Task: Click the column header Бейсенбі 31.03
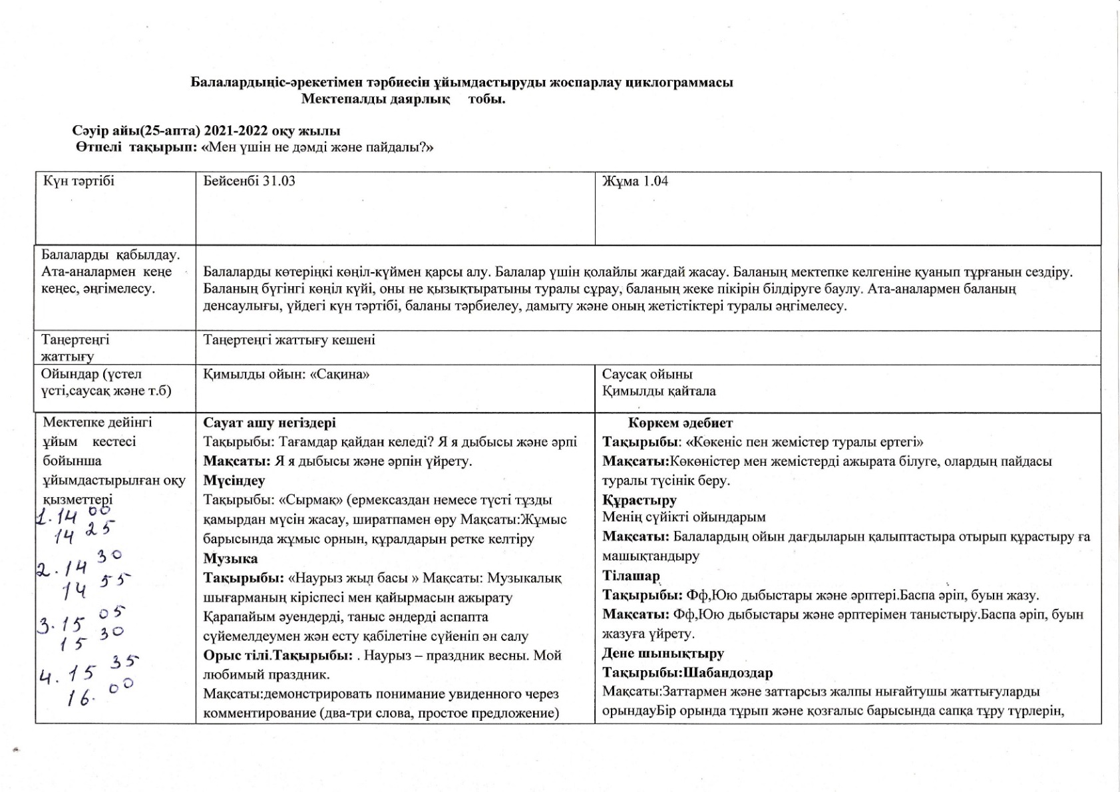[x=249, y=181]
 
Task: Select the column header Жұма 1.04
[x=635, y=181]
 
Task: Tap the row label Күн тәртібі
[x=79, y=181]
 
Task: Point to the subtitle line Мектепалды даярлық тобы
[x=403, y=100]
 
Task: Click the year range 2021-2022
[x=234, y=130]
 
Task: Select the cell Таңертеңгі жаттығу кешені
[x=289, y=340]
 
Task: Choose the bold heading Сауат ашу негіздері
[x=270, y=423]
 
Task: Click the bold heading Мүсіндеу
[x=234, y=480]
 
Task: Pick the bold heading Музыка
[x=230, y=558]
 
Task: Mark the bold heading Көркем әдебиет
[x=680, y=423]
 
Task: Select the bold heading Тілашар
[x=631, y=576]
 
